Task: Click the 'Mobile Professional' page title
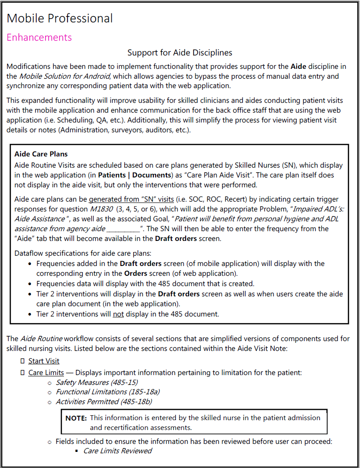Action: click(x=59, y=18)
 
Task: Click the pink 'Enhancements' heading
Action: click(x=39, y=37)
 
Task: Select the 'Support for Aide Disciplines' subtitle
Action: click(x=180, y=53)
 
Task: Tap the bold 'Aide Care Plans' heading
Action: click(x=41, y=154)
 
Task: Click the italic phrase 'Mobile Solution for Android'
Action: click(x=64, y=76)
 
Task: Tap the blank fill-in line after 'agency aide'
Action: click(x=123, y=229)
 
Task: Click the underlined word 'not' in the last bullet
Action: click(x=118, y=314)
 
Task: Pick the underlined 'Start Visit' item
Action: click(x=44, y=361)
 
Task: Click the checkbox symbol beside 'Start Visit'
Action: click(x=22, y=361)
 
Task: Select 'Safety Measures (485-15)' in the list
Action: click(x=97, y=383)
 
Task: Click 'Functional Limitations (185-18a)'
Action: click(x=107, y=392)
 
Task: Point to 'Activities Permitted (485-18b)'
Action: click(x=104, y=402)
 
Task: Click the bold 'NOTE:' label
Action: click(x=76, y=418)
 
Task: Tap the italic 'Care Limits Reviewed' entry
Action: click(x=118, y=451)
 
